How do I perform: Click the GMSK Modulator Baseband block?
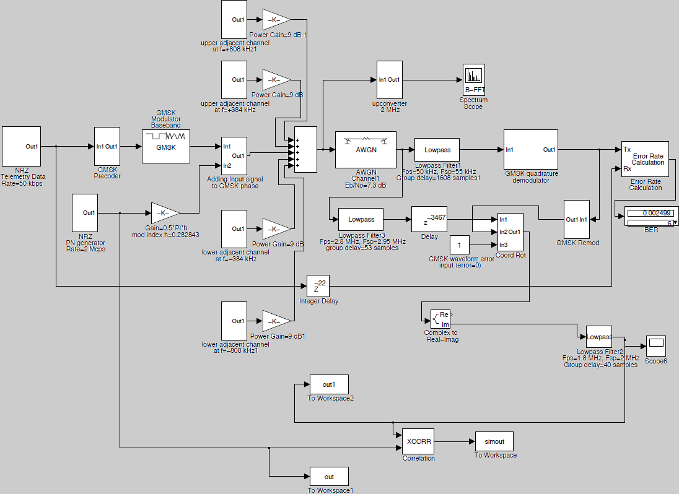[165, 146]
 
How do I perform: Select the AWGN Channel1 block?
[366, 150]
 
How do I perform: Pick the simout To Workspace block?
[494, 441]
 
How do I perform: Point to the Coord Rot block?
[510, 232]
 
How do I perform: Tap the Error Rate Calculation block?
[645, 159]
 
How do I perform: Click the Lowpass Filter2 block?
[598, 337]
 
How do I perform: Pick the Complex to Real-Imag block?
[441, 319]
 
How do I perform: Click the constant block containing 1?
[459, 245]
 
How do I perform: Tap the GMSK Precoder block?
[107, 147]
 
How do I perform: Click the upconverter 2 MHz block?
[390, 80]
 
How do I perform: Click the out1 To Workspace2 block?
[329, 384]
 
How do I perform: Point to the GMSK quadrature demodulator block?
[530, 150]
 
